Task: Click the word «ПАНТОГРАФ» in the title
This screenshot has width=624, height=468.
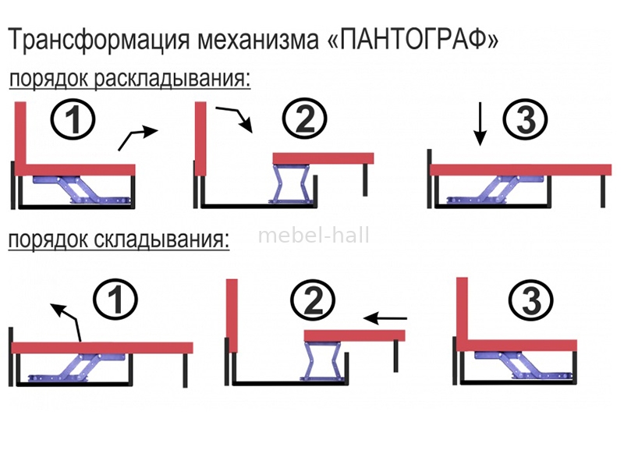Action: click(x=414, y=40)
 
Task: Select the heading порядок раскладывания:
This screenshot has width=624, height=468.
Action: click(x=129, y=79)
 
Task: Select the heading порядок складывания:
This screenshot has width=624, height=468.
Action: click(x=119, y=239)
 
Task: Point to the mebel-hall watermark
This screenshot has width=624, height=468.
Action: click(x=314, y=236)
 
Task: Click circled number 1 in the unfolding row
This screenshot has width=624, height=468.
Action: click(x=73, y=119)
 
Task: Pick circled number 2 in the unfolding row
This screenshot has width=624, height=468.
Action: click(x=304, y=119)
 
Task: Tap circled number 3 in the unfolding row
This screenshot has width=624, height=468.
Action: click(x=525, y=119)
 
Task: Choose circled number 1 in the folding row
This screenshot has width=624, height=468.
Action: click(x=115, y=300)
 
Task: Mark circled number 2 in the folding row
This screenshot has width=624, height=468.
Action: click(x=313, y=300)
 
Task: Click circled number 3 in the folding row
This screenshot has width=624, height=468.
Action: click(x=531, y=300)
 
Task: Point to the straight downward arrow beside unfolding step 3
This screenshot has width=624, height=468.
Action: click(x=480, y=124)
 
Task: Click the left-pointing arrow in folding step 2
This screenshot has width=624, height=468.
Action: click(x=385, y=318)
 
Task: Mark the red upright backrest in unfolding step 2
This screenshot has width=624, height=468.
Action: click(x=200, y=139)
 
